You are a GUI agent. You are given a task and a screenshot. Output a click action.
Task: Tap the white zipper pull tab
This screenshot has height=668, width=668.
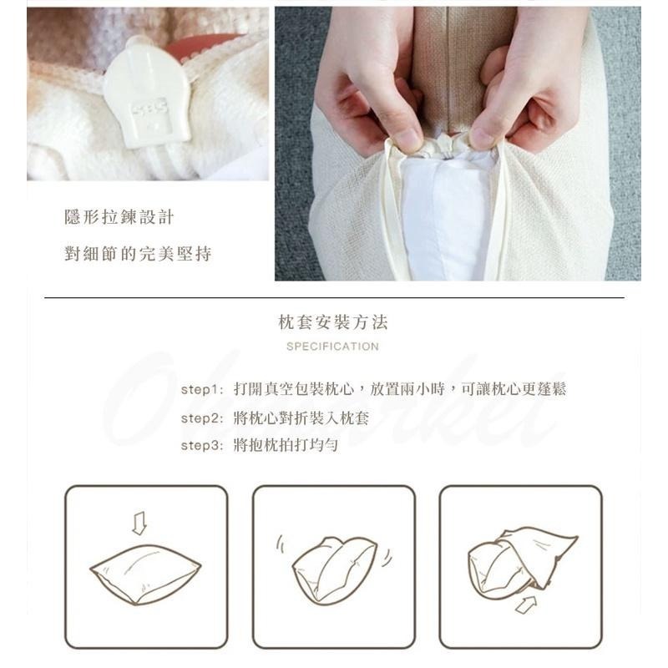tap(141, 100)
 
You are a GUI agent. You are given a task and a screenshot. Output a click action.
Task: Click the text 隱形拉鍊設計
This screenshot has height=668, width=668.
tap(119, 218)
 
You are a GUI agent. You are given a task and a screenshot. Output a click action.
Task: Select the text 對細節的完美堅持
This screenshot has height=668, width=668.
tap(138, 254)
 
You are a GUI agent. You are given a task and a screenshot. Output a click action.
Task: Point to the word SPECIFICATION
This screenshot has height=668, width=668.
tap(332, 346)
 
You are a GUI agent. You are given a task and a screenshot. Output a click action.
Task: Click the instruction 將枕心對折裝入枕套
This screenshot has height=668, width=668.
tap(301, 417)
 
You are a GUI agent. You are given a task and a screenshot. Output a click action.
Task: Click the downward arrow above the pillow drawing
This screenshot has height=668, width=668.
tap(139, 524)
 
